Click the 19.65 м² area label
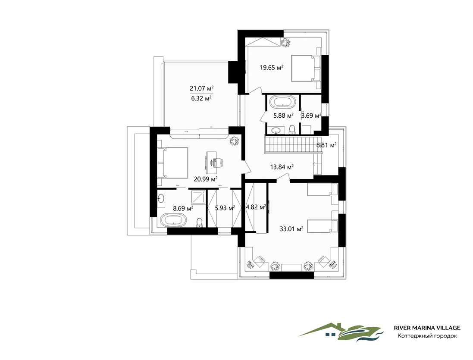(272, 68)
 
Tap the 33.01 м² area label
(291, 229)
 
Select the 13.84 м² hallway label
(282, 167)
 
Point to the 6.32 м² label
(201, 98)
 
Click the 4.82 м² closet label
(256, 207)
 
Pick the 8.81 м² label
(326, 145)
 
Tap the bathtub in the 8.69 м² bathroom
(173, 220)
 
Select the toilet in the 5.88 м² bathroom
(292, 129)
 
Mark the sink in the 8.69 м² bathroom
(161, 199)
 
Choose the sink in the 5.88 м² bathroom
(276, 130)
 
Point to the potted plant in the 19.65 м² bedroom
(285, 43)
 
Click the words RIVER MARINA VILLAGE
(427, 328)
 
